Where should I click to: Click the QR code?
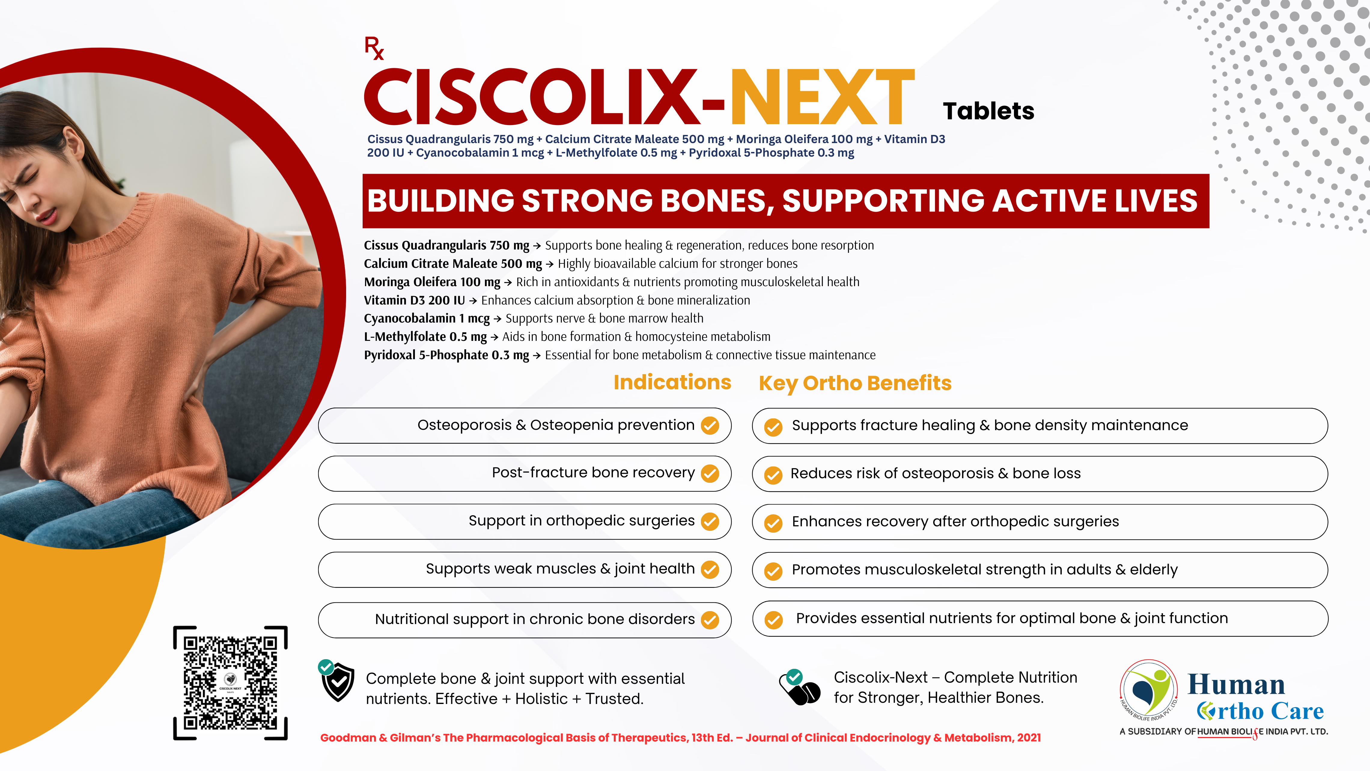[230, 683]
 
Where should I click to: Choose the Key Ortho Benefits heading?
[855, 383]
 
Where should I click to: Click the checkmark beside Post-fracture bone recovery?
[710, 473]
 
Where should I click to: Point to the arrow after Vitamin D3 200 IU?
[473, 301]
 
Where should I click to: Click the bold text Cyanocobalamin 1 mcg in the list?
[427, 318]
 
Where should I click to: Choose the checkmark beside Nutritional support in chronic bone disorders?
[710, 620]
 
